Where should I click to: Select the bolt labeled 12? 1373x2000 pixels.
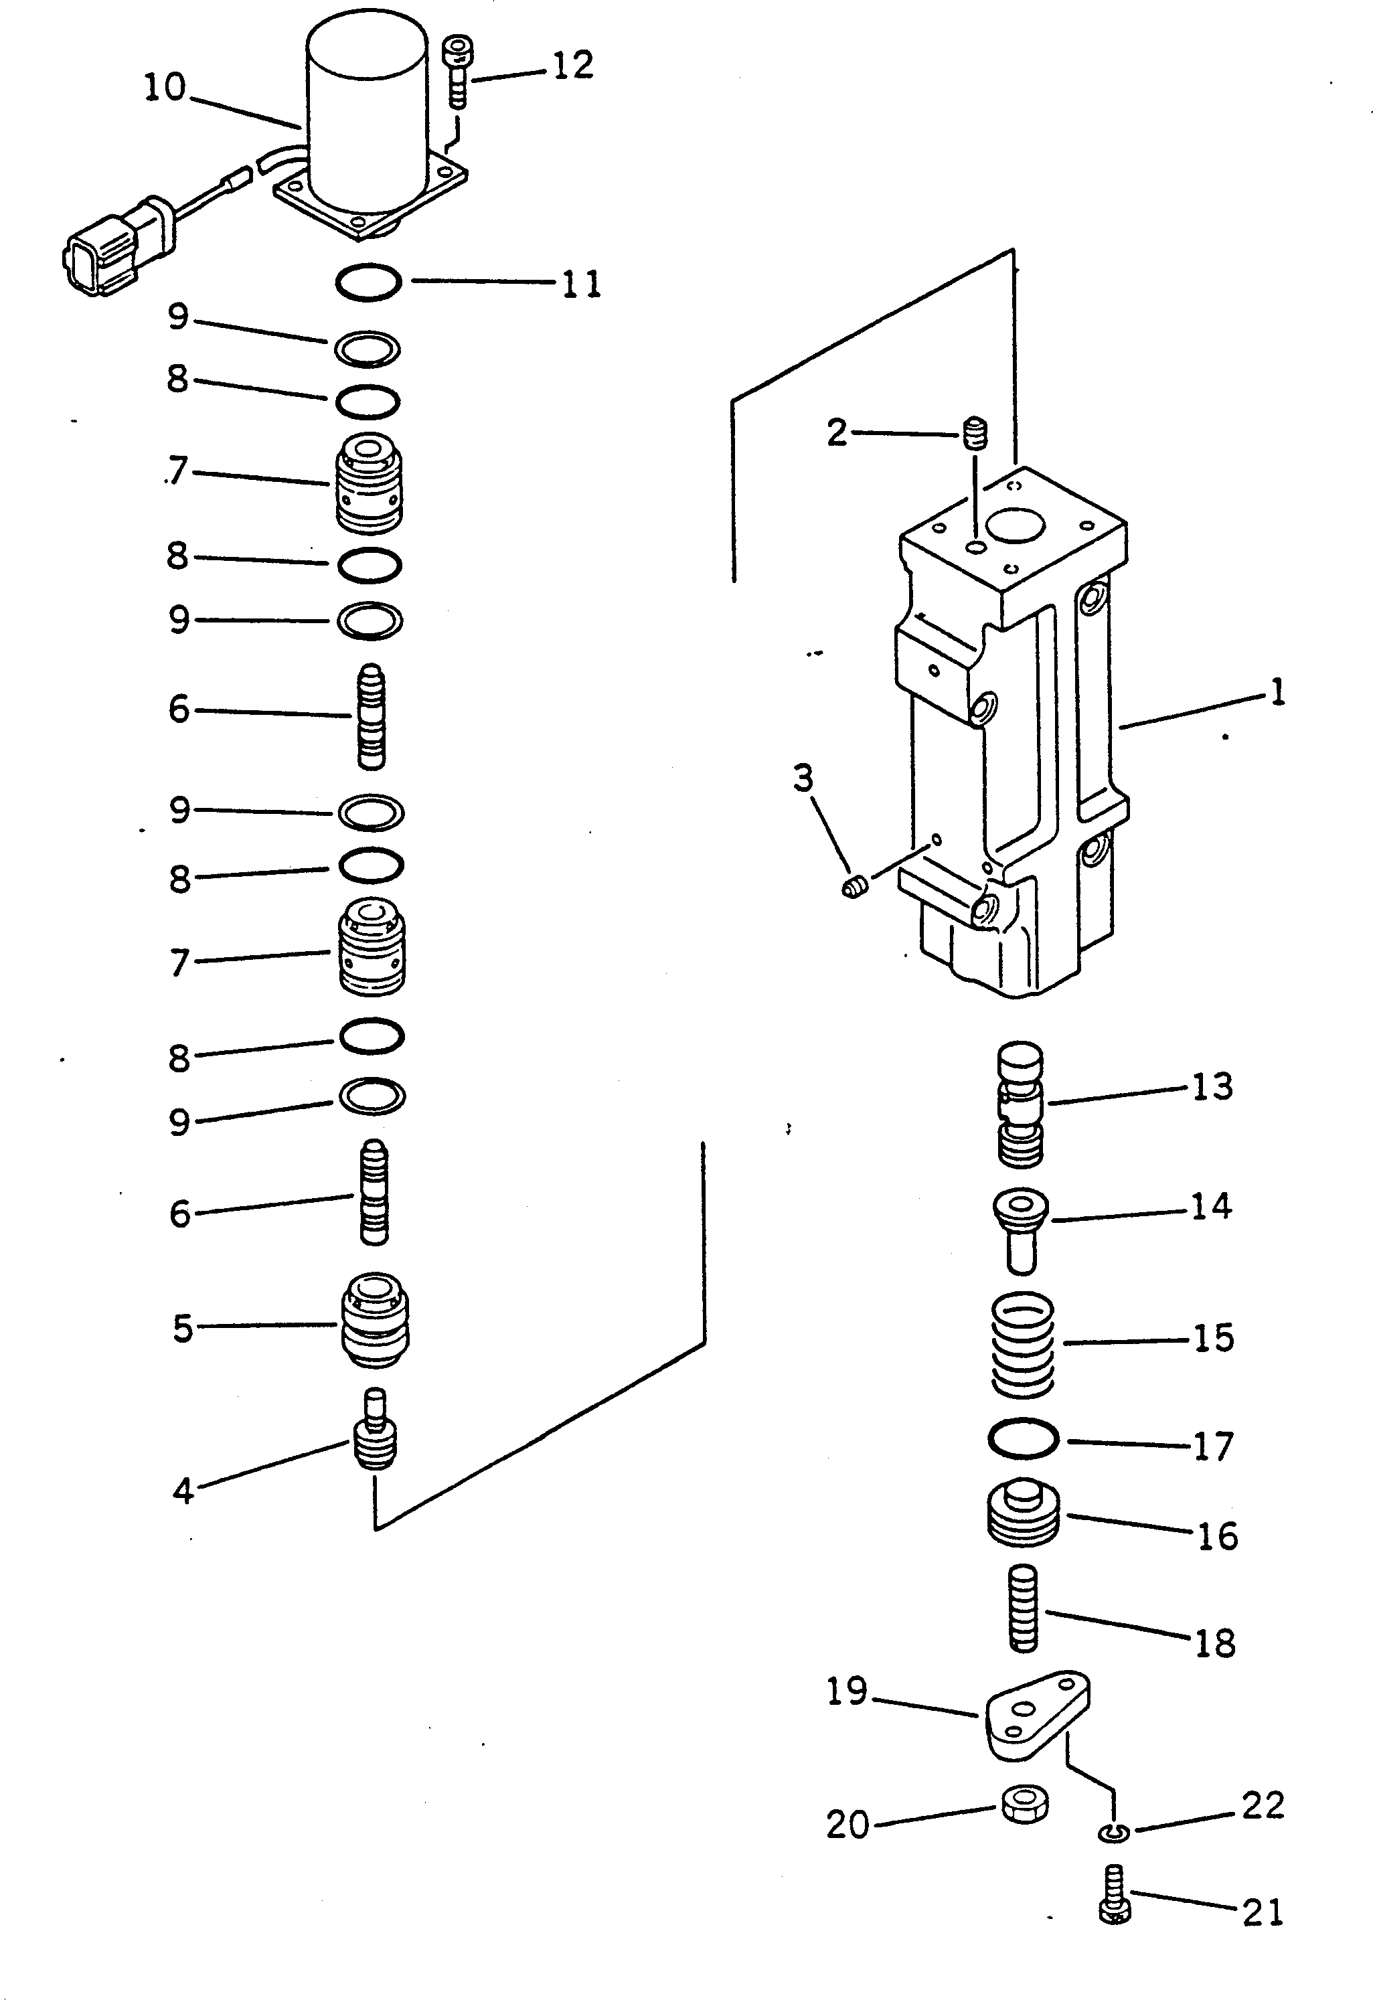point(457,73)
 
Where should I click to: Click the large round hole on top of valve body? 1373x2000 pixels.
point(1015,527)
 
